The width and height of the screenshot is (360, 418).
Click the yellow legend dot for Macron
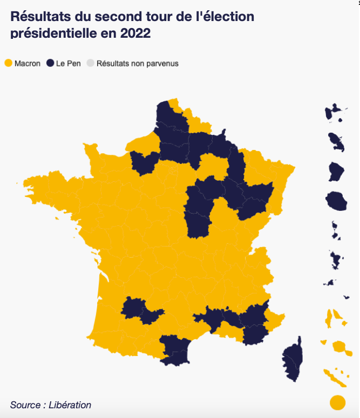pyautogui.click(x=8, y=63)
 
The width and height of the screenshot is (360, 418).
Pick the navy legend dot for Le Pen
pyautogui.click(x=50, y=63)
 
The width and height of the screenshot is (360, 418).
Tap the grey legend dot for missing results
pyautogui.click(x=90, y=63)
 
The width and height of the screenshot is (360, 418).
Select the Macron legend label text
pyautogui.click(x=28, y=64)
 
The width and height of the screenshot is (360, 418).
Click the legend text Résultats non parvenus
pyautogui.click(x=137, y=64)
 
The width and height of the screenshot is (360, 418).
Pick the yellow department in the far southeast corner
pyautogui.click(x=274, y=321)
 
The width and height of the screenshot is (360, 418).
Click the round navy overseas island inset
pyautogui.click(x=336, y=201)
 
